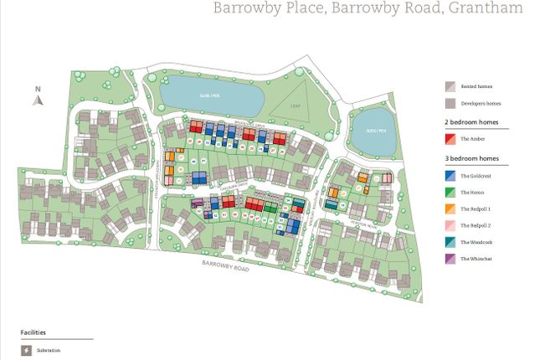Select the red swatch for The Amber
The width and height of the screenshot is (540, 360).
tap(450, 139)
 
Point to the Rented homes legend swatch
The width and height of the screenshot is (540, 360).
tap(450, 86)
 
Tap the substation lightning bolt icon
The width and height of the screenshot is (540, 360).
tap(25, 350)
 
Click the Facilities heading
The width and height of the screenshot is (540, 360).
tap(33, 332)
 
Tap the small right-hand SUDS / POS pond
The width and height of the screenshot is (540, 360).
tap(371, 130)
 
